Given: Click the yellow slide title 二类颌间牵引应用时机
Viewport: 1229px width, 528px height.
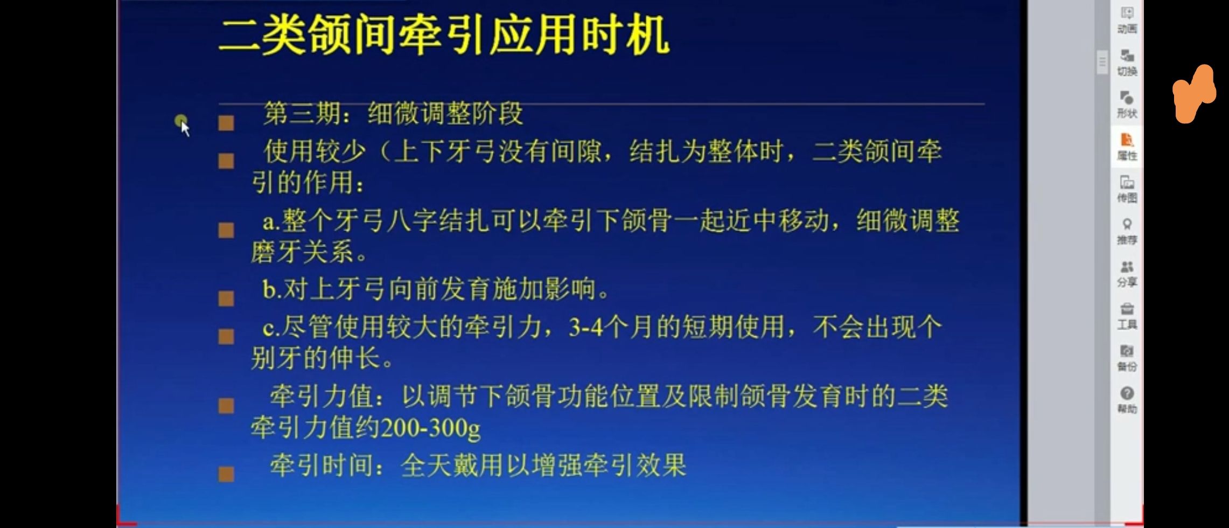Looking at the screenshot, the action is point(444,36).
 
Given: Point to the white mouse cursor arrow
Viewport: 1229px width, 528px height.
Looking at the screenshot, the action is point(185,129).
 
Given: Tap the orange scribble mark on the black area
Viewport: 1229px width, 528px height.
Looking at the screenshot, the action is point(1194,94).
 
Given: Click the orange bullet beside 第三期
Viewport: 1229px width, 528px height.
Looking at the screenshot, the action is point(226,123).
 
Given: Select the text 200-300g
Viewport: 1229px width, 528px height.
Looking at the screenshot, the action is point(430,428).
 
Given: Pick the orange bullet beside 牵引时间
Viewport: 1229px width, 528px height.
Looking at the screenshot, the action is point(226,474).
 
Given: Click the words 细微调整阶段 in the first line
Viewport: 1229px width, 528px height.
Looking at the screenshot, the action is point(445,113).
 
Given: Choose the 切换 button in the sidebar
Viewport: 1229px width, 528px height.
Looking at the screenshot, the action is point(1127,62).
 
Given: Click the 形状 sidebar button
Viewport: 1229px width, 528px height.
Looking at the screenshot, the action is point(1127,105).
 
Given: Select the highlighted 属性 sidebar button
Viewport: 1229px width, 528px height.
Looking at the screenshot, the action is point(1127,147).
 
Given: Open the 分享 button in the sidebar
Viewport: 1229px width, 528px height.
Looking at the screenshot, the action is point(1127,274).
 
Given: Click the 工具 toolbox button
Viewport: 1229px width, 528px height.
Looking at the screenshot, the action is point(1127,316).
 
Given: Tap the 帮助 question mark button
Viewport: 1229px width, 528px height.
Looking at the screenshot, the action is point(1127,400).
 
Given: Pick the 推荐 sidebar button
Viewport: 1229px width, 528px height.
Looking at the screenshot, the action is point(1127,232).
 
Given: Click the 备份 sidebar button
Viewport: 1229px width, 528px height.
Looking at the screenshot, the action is point(1127,358).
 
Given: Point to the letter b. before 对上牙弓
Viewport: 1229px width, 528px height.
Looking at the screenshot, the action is point(272,289).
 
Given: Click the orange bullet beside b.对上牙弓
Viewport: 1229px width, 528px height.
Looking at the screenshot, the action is point(226,298).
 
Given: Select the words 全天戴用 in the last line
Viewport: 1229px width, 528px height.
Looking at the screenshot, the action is point(452,465).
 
